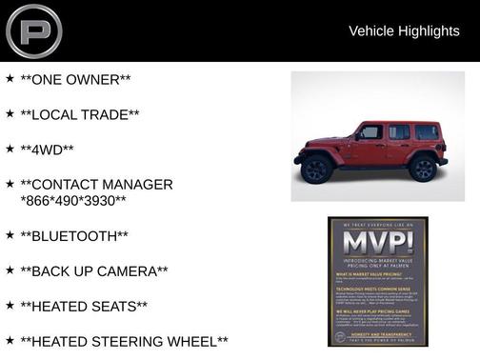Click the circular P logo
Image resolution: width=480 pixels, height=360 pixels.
(x=33, y=31)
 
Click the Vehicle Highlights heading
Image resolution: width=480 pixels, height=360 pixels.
(x=404, y=30)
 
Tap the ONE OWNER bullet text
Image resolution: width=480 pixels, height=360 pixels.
(x=75, y=79)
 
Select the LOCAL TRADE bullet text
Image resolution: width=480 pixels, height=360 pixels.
(x=80, y=114)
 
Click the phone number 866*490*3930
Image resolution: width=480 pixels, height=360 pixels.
(x=73, y=201)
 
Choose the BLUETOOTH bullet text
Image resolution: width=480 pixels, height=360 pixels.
(x=74, y=236)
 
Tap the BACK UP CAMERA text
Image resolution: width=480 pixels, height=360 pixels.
(x=94, y=271)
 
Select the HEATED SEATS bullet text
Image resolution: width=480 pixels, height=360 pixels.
(x=84, y=306)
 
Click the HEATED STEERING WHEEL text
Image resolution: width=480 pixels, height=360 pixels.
(x=124, y=341)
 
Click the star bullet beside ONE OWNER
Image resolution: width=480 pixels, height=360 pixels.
(x=10, y=78)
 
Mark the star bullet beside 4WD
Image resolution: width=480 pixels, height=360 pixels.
(x=10, y=149)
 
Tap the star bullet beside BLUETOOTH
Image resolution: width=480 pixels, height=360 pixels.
(x=10, y=234)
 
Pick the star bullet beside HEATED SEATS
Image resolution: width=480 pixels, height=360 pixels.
(x=10, y=305)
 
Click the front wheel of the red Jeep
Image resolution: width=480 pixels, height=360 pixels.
(x=317, y=169)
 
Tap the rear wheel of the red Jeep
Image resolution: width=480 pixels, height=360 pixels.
(x=423, y=168)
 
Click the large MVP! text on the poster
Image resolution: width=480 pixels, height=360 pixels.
(x=378, y=242)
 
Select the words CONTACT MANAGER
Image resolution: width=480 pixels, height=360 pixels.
(x=96, y=185)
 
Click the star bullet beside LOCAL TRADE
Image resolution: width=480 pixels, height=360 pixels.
(x=10, y=113)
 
